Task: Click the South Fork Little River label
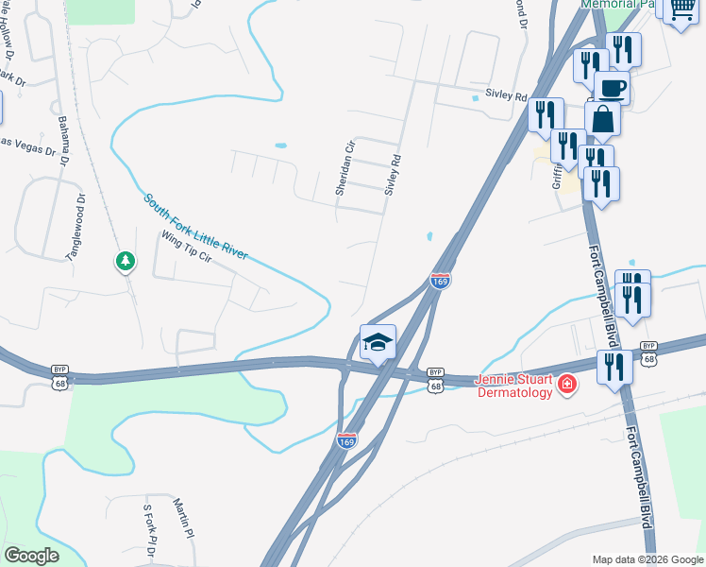coord(195,228)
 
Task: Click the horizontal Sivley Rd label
coord(505,94)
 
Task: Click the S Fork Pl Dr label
coord(149,528)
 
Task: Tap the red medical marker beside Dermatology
coord(566,383)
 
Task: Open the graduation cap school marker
coord(378,342)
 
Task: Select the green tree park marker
coord(125,260)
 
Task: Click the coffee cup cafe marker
coord(612,89)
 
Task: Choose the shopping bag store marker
coord(602,120)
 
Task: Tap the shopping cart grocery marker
coord(680,9)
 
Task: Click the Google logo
coord(31,556)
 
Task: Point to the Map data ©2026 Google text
coord(647,558)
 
